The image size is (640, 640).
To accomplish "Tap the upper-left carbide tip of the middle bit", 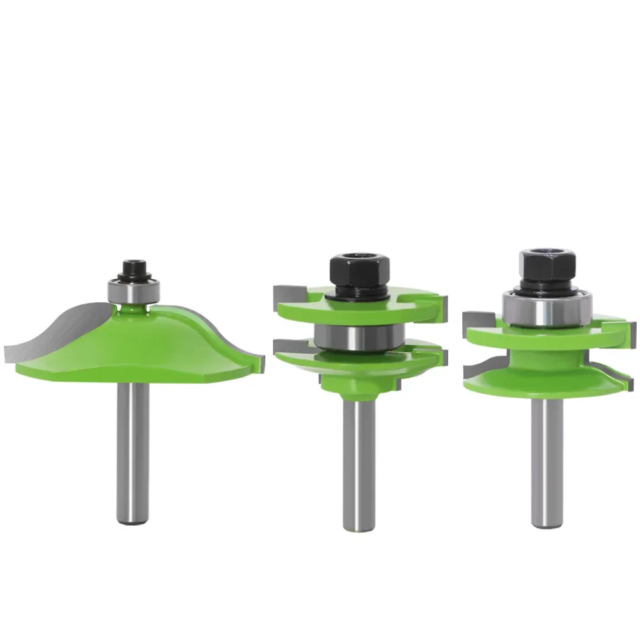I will pyautogui.click(x=285, y=295).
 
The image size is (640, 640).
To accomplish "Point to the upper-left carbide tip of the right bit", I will pyautogui.click(x=476, y=318).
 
